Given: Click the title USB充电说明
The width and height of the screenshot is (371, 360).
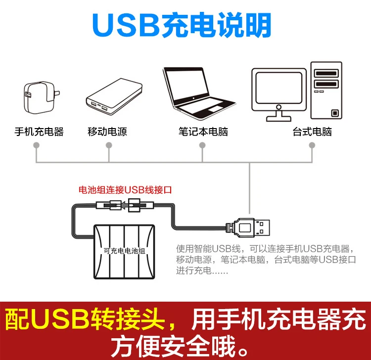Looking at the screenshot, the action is pyautogui.click(x=182, y=25).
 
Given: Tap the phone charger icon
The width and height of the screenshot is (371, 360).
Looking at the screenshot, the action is pyautogui.click(x=41, y=98).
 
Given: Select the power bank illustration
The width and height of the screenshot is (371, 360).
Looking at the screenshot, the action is pyautogui.click(x=114, y=96).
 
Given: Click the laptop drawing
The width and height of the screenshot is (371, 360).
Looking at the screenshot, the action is pyautogui.click(x=199, y=94).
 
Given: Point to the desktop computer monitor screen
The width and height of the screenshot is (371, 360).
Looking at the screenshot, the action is pyautogui.click(x=278, y=88).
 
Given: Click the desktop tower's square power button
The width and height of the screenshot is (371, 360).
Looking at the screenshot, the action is pyautogui.click(x=335, y=113).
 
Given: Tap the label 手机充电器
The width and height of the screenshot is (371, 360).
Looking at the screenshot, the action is pyautogui.click(x=39, y=132).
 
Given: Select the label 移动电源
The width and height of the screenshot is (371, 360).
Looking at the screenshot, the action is pyautogui.click(x=107, y=132).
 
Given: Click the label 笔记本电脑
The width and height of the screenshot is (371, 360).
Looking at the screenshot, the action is pyautogui.click(x=203, y=132).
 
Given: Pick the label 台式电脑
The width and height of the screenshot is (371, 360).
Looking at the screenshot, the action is pyautogui.click(x=312, y=132).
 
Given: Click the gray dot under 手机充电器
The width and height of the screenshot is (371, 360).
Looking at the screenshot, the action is pyautogui.click(x=36, y=145).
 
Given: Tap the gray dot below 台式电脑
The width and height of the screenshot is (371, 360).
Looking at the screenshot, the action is pyautogui.click(x=312, y=145).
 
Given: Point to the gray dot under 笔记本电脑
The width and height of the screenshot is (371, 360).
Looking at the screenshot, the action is pyautogui.click(x=202, y=145).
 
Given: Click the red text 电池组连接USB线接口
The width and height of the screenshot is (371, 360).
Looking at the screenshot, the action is pyautogui.click(x=125, y=190).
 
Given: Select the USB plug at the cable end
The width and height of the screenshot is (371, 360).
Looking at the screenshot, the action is pyautogui.click(x=247, y=227).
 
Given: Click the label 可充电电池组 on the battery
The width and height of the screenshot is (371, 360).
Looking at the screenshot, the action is pyautogui.click(x=125, y=251).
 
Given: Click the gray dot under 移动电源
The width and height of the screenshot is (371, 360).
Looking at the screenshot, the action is pyautogui.click(x=109, y=145).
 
